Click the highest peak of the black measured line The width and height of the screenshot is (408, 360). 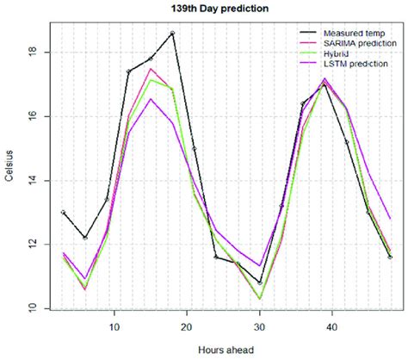[172, 33]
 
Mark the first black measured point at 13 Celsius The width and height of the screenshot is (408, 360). [64, 212]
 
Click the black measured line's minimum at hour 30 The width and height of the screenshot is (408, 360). [259, 282]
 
